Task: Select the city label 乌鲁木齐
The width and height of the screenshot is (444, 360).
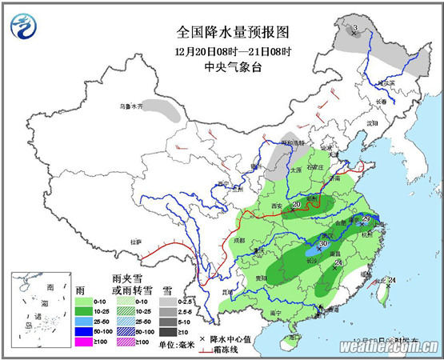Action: [130, 106]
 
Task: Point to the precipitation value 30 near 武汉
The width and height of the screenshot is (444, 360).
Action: [323, 244]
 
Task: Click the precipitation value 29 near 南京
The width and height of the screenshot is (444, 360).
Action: [367, 219]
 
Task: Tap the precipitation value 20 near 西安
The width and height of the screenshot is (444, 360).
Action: [297, 206]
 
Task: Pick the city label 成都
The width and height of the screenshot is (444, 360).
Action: [237, 238]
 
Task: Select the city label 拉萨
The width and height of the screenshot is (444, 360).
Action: [135, 241]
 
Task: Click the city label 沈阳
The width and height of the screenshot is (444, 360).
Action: [371, 124]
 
